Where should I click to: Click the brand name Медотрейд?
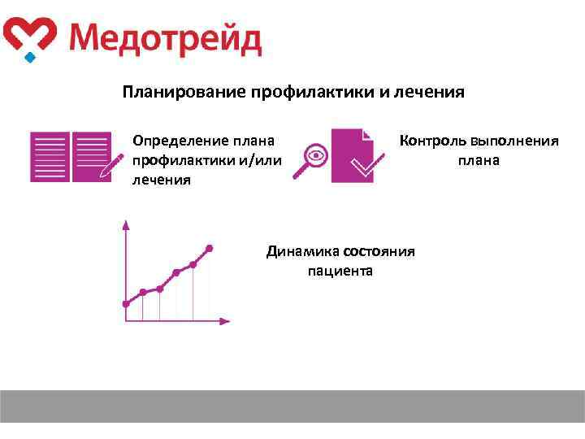tap(165, 38)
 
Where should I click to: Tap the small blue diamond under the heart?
tap(30, 58)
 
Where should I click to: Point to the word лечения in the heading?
tap(430, 92)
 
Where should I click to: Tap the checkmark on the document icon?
tap(363, 167)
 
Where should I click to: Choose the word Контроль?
tap(432, 141)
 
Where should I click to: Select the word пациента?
tap(340, 271)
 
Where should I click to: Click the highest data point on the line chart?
tap(210, 247)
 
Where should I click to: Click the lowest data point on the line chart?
tap(125, 304)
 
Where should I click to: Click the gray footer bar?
tap(292, 406)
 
